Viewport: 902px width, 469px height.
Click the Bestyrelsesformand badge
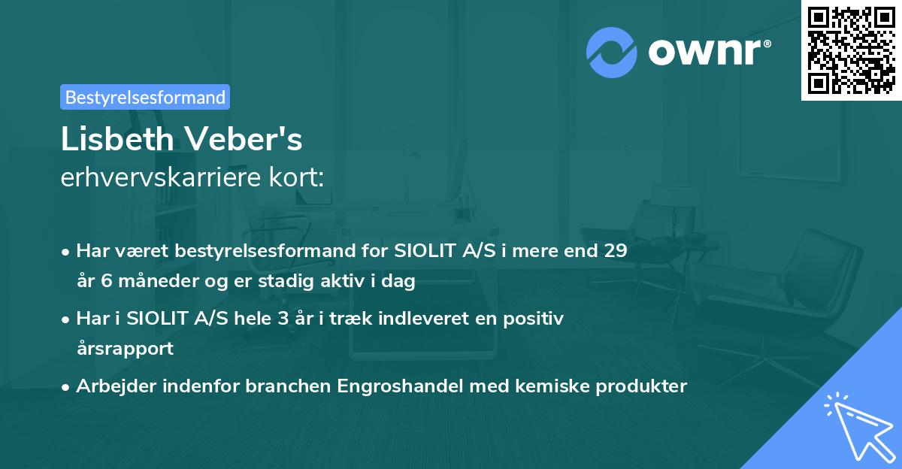pos(145,97)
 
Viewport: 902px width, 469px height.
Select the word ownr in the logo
pos(707,53)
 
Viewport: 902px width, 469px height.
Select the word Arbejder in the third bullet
pos(110,386)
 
